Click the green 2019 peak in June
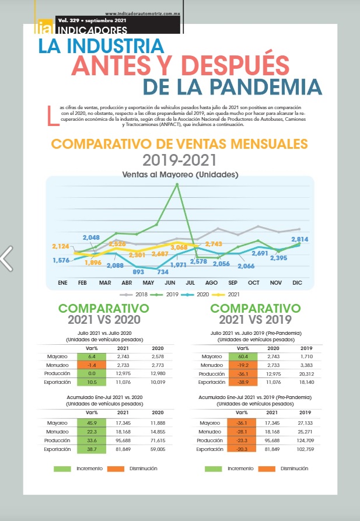coord(177,184)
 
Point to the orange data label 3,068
coord(179,248)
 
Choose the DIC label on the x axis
coord(296,282)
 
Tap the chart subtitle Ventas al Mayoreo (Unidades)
coord(180,174)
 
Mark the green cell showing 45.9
coord(91,423)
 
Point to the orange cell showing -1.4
coord(91,365)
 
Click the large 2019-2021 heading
coord(180,159)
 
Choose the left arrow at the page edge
coord(6,258)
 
